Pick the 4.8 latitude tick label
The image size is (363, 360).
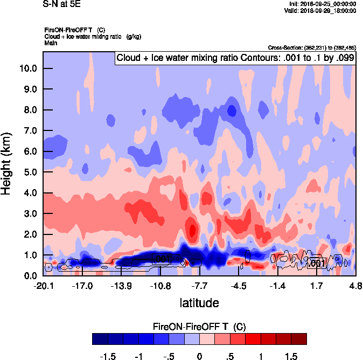355,286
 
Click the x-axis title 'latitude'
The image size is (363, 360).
199,303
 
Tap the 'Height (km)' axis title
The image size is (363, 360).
8,163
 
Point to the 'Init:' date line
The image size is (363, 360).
322,4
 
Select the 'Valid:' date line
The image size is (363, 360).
322,10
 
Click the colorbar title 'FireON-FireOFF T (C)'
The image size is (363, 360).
199,327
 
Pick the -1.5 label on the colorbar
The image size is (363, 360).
108,356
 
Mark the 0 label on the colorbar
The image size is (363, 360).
199,356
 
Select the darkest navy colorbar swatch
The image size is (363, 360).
100,339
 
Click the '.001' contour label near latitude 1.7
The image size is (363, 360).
317,264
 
